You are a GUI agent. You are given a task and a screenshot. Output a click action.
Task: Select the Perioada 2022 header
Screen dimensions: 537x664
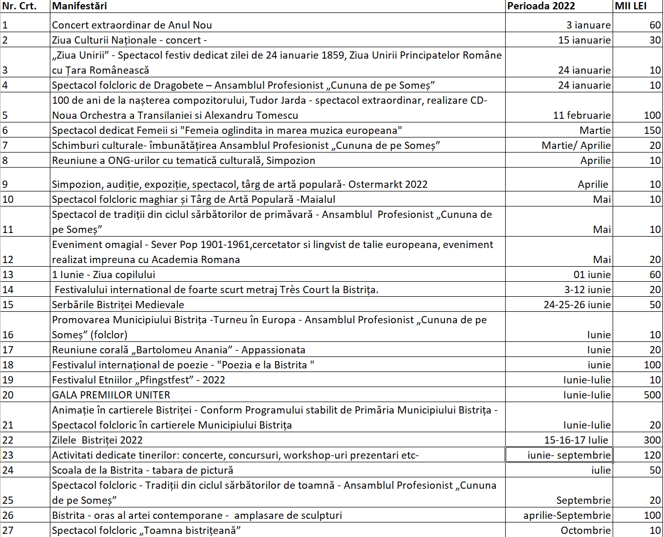click(541, 6)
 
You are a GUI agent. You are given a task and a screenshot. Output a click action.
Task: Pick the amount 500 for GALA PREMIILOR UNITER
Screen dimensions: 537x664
click(652, 395)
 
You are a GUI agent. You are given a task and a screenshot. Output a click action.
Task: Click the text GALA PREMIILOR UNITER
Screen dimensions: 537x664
click(111, 395)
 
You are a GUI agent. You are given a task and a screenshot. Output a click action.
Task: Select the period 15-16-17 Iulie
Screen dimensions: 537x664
click(576, 440)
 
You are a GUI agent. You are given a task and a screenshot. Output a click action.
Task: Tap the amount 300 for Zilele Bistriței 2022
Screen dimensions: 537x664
click(652, 440)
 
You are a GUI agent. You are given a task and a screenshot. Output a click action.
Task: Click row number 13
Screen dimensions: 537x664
click(8, 274)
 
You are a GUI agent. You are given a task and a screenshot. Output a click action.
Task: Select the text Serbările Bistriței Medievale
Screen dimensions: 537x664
click(118, 305)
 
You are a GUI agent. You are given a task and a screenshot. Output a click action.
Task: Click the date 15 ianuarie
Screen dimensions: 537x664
click(585, 40)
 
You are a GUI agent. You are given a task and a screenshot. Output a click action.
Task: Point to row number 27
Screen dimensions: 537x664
click(8, 530)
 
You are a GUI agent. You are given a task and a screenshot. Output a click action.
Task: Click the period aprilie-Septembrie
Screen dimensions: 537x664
click(567, 515)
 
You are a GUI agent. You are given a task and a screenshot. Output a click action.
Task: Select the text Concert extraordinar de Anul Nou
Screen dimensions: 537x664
click(132, 25)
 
